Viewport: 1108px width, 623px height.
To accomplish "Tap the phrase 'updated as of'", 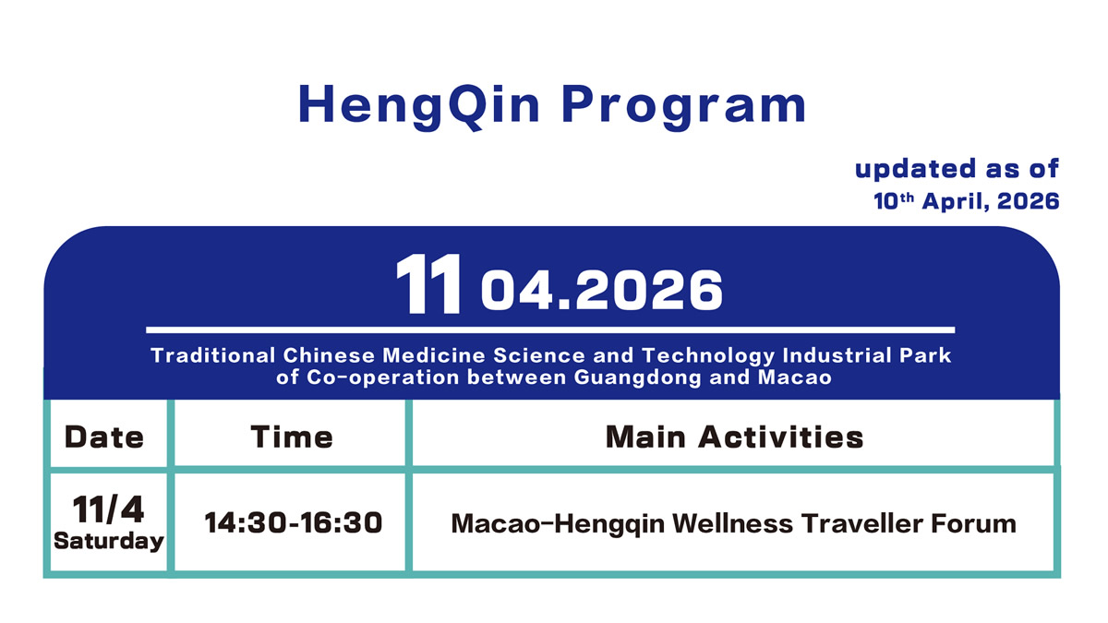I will point(956,170).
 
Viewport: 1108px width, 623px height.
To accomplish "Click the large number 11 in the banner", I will point(428,285).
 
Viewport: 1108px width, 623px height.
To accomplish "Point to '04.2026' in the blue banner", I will point(601,290).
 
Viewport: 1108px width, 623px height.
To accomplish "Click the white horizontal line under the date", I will point(549,329).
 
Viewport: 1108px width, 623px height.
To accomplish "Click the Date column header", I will point(104,436).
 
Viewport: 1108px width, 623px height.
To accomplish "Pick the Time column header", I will point(292,436).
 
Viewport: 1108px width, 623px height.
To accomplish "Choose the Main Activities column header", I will point(734,436).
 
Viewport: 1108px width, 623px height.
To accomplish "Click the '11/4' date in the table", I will point(108,509).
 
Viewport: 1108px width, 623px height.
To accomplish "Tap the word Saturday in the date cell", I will point(108,541).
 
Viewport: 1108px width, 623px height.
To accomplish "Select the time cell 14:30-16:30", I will point(293,523).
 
